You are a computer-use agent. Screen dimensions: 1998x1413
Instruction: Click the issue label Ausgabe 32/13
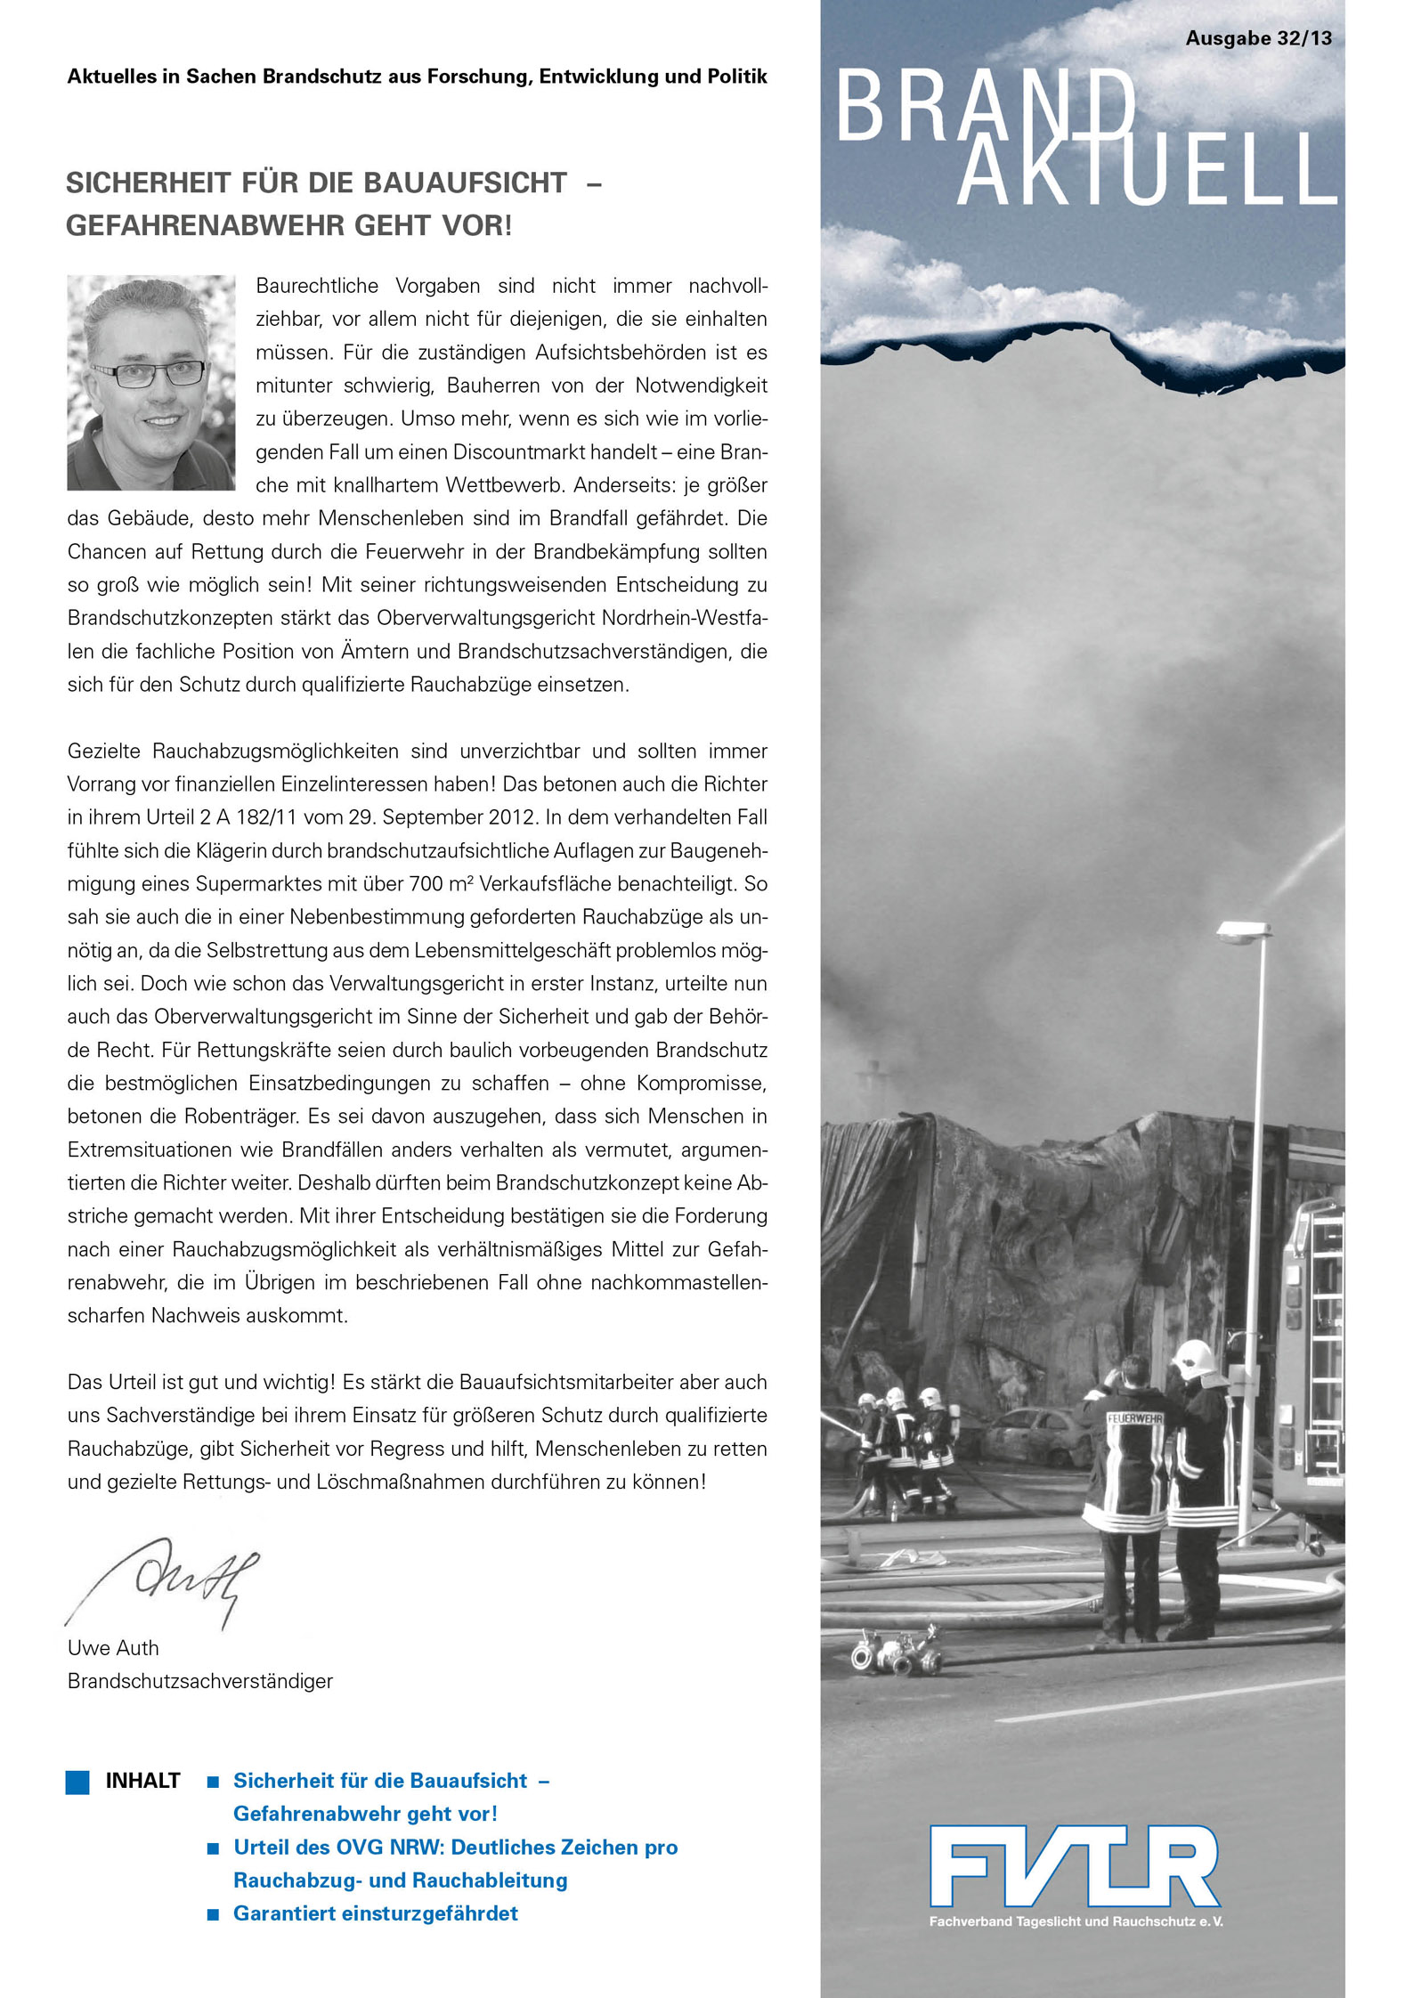point(1258,38)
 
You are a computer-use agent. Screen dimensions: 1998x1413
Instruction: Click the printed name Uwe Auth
point(113,1648)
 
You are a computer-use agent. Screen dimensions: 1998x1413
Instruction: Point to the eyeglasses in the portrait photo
point(150,374)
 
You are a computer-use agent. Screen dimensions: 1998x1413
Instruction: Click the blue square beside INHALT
point(77,1782)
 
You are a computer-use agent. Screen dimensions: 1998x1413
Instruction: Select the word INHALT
point(142,1782)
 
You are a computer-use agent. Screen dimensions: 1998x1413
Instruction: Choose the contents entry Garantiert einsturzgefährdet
point(375,1913)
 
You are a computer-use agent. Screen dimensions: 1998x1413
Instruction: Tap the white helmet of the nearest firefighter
point(1193,1360)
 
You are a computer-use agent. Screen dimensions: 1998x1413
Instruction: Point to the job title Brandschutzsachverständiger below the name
point(200,1681)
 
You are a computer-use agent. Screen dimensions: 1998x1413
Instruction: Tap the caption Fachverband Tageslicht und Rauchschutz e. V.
point(1076,1921)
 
